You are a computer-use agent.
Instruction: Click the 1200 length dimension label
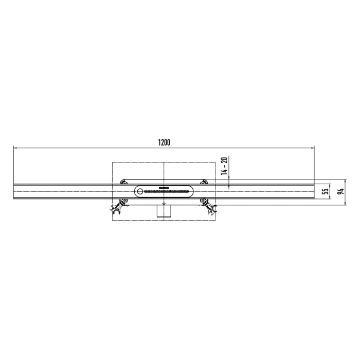(164, 142)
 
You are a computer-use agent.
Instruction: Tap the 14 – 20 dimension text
(224, 166)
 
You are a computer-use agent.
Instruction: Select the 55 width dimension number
(325, 191)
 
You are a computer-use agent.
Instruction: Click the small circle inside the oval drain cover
(139, 191)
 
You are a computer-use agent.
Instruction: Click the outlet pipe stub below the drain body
(164, 211)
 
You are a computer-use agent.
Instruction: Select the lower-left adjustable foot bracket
(116, 208)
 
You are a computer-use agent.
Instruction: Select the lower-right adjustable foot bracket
(211, 208)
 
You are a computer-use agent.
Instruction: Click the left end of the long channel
(14, 191)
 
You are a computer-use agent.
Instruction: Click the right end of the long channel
(313, 191)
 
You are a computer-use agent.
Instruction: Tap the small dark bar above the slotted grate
(164, 187)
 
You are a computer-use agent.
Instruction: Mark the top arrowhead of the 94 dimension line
(346, 182)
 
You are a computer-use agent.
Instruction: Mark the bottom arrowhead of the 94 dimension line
(346, 204)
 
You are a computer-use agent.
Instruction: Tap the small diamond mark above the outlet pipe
(164, 204)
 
